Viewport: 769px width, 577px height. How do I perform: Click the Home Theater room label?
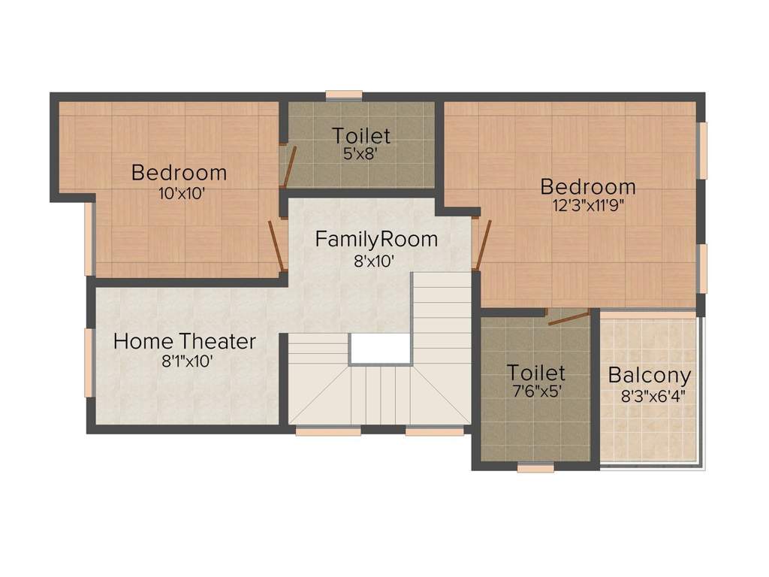pyautogui.click(x=184, y=341)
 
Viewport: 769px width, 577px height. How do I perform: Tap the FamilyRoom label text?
pyautogui.click(x=376, y=240)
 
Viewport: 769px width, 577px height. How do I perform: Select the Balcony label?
pyautogui.click(x=650, y=375)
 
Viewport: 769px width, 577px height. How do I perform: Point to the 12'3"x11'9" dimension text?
pyautogui.click(x=587, y=207)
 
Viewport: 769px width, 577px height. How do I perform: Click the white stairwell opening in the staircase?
pyautogui.click(x=380, y=349)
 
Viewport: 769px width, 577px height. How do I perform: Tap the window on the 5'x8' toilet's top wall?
pyautogui.click(x=344, y=95)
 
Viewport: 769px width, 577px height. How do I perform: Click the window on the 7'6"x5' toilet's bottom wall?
pyautogui.click(x=535, y=467)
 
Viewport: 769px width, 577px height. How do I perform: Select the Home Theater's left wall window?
pyautogui.click(x=89, y=362)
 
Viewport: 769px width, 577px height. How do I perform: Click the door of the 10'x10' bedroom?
pyautogui.click(x=276, y=245)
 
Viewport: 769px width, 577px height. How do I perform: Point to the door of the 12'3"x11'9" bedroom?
pyautogui.click(x=481, y=244)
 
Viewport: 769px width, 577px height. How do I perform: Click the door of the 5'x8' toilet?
pyautogui.click(x=288, y=166)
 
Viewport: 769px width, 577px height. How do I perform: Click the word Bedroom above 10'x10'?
pyautogui.click(x=179, y=173)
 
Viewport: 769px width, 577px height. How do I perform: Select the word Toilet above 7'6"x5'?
pyautogui.click(x=535, y=372)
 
